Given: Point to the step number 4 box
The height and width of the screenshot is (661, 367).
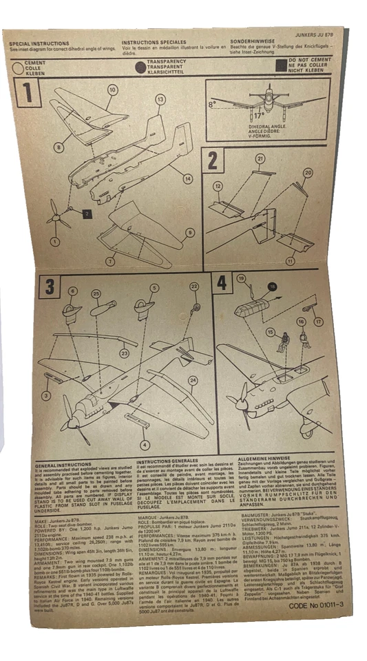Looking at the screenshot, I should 222,282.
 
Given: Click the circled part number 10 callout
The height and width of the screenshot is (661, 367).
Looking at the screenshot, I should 112,90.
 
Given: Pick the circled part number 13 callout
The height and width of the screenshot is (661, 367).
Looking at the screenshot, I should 160,100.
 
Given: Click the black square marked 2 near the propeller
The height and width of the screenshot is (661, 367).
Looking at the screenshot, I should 87,213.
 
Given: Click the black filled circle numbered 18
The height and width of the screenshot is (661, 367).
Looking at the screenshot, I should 271,286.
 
